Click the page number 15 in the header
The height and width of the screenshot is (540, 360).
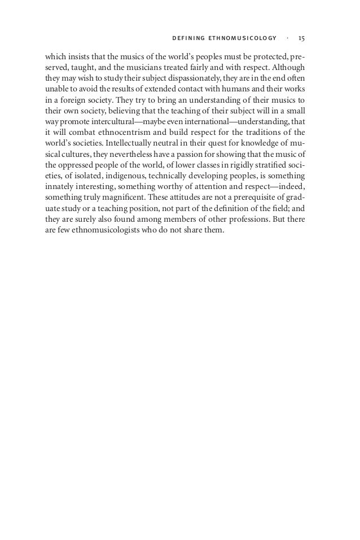point(301,38)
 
